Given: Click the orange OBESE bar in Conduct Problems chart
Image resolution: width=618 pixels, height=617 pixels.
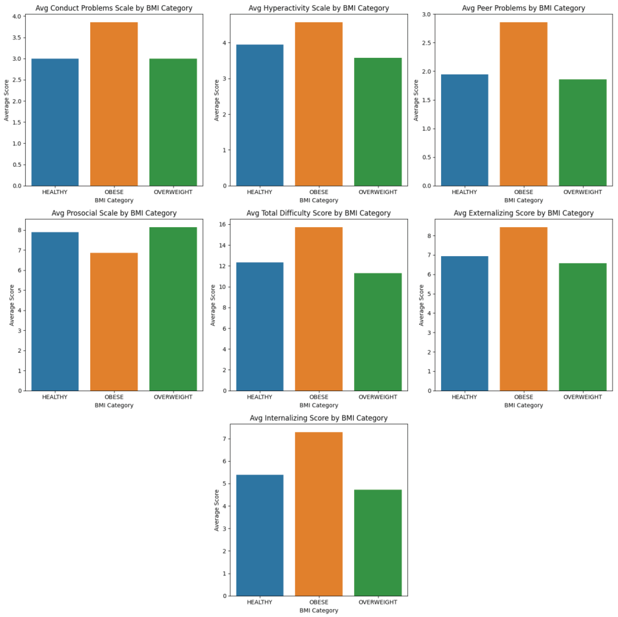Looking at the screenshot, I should point(114,104).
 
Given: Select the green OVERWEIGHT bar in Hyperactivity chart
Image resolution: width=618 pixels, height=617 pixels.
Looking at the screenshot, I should point(378,122).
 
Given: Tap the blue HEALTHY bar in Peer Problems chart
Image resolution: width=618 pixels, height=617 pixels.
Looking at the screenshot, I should point(464,130).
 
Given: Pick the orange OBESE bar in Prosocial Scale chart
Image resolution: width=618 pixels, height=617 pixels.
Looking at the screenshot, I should point(114,322).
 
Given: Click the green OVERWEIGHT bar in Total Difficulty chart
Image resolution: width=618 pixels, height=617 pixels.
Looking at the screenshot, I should point(378,332).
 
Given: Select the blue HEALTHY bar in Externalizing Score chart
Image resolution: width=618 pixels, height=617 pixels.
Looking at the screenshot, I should point(464,323).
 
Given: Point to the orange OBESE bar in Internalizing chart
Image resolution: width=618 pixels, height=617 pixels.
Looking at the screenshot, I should point(319,514).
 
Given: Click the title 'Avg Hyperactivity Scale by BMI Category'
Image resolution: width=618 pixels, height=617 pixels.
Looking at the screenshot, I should point(319,8).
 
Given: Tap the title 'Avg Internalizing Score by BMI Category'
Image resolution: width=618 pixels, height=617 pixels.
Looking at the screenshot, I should point(319,418).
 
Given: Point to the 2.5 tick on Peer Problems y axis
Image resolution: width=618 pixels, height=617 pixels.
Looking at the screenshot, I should point(426,43).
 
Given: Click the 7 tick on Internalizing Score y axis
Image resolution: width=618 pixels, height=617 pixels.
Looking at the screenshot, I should point(224,439).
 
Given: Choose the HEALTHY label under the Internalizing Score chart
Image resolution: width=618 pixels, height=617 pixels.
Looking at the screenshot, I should point(259,602).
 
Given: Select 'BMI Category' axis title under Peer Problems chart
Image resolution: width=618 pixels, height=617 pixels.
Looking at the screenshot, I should point(524,200).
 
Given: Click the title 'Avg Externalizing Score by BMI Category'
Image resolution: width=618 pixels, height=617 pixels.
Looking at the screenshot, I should point(524,213).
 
